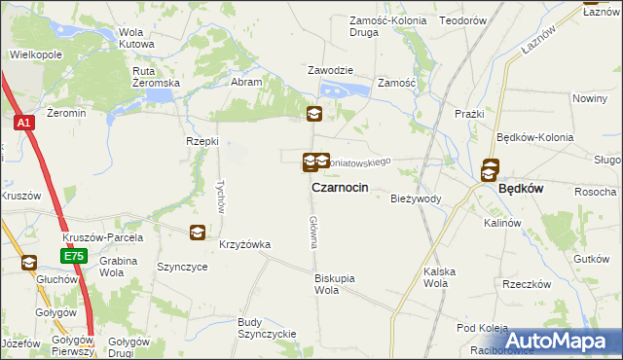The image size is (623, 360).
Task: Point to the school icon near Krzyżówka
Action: point(197,232)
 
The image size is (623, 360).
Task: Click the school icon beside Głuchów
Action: point(28,262)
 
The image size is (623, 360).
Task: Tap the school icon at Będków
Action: point(491,170)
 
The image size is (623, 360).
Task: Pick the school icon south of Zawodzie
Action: point(313,115)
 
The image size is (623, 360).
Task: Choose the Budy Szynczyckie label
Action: point(266,327)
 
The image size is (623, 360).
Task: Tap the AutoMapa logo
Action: point(564,341)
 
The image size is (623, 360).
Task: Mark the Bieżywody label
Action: point(416,198)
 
